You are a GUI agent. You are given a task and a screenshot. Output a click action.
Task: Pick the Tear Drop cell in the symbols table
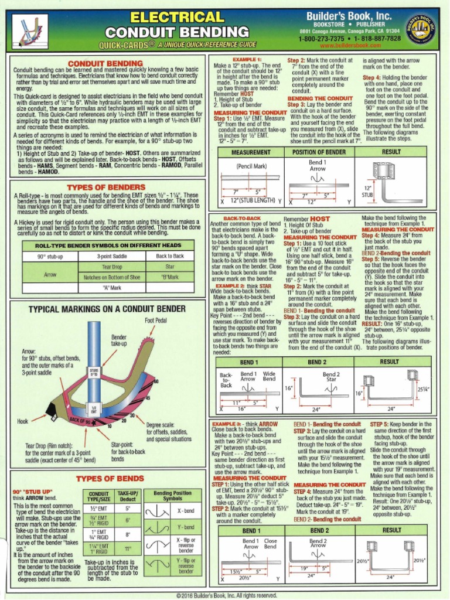[112, 266]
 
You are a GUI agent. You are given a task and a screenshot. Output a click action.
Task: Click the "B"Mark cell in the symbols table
[170, 276]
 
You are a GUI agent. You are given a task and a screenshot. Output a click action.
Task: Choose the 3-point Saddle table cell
[112, 256]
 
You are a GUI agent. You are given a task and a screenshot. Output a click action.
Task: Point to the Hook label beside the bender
[23, 421]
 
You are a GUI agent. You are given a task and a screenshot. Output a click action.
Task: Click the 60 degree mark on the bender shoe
[156, 382]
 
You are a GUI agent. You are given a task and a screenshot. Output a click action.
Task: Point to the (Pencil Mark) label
[251, 166]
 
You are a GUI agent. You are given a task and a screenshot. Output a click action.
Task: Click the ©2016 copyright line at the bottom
[225, 595]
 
